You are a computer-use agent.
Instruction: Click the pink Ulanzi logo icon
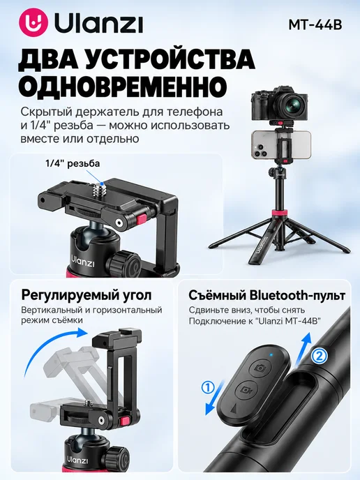pos(33,23)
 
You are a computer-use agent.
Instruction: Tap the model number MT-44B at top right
pos(315,25)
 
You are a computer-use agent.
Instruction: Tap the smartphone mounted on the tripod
pos(281,145)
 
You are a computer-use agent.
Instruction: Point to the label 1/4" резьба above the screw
pos(73,163)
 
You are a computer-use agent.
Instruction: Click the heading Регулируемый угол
pos(87,295)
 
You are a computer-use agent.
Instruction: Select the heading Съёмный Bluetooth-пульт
pos(267,295)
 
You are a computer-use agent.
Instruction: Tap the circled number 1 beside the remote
pos(208,388)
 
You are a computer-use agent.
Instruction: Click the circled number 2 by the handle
pos(319,356)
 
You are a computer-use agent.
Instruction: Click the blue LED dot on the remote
pos(271,355)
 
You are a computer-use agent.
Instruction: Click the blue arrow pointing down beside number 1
pos(215,398)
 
